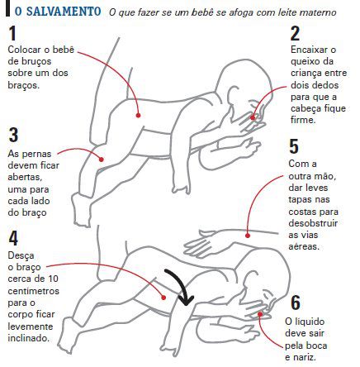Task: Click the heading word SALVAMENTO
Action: point(63,14)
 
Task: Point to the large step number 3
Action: point(12,136)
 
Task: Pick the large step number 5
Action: point(294,147)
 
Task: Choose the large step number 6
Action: point(295,303)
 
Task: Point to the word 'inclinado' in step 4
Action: point(27,337)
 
